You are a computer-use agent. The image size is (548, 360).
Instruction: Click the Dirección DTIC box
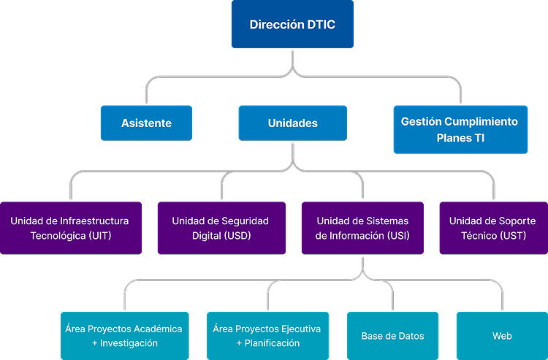point(292,25)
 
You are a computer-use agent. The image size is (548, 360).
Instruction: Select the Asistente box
point(146,123)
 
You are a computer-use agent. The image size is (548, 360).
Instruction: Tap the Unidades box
point(292,123)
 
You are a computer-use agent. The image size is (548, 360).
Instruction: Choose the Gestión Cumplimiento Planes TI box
point(460,129)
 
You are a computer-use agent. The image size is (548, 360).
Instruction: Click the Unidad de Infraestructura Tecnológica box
point(70,228)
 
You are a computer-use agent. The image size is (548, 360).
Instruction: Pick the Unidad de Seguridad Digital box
point(220,228)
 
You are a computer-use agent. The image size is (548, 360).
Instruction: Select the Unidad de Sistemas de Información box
point(362,228)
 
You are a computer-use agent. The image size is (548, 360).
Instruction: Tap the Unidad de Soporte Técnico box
point(492,228)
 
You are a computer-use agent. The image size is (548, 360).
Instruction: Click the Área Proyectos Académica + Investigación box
point(124,336)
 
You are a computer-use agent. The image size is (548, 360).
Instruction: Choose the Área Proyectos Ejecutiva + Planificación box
point(267,336)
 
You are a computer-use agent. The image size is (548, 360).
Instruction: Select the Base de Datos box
point(392,336)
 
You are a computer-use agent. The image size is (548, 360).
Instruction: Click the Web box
point(502,336)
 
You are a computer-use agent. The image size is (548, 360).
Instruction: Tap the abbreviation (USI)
point(397,236)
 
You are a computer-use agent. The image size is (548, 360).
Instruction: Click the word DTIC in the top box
point(321,25)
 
